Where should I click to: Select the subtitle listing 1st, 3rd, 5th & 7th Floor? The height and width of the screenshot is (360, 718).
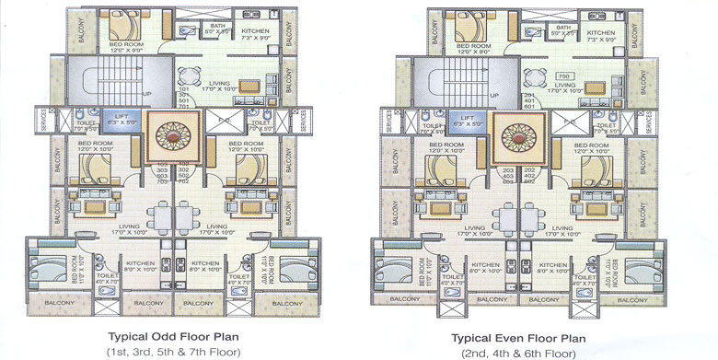coord(174,351)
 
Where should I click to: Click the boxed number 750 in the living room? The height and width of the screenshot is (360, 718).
coord(565,75)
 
